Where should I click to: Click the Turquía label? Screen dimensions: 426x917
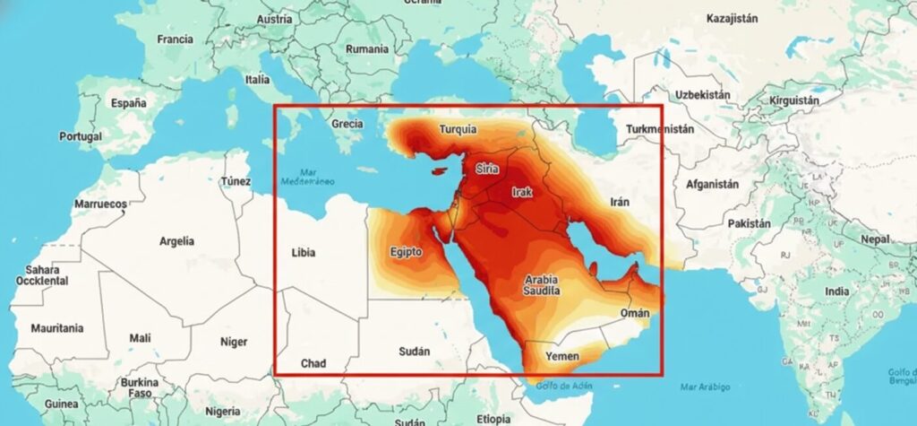point(458,130)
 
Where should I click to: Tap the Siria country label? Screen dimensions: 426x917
point(487,169)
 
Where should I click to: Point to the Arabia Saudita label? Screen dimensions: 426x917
point(543,285)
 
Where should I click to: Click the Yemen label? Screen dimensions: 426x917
point(562,357)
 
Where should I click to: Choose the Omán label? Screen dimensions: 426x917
point(634,313)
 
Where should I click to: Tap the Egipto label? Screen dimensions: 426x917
point(406,252)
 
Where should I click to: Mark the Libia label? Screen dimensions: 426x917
point(304,252)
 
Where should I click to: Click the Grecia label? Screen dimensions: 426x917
point(346,124)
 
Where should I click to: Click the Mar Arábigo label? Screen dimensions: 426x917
point(705,387)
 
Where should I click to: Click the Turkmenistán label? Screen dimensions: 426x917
point(661,129)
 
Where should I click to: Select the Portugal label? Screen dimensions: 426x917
point(81,137)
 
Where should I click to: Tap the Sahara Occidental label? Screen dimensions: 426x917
point(42,274)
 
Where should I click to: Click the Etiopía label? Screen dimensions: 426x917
point(493,419)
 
